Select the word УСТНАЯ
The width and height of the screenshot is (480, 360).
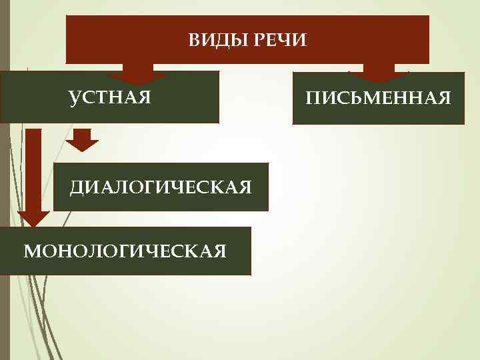point(111,99)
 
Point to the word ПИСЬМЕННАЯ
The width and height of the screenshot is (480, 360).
point(378,99)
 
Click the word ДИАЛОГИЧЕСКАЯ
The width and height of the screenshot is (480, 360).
point(161,187)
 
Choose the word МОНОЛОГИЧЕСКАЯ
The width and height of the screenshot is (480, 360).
point(125,251)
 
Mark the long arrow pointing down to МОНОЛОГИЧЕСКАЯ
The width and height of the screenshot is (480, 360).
point(33,180)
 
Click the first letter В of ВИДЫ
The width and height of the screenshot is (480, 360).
point(193,41)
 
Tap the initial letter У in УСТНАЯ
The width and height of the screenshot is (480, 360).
point(74,99)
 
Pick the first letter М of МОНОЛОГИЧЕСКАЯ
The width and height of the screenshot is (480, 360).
point(30,251)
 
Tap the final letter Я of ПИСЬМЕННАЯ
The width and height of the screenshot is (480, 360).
point(445,99)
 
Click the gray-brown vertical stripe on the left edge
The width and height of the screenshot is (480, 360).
point(5,200)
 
